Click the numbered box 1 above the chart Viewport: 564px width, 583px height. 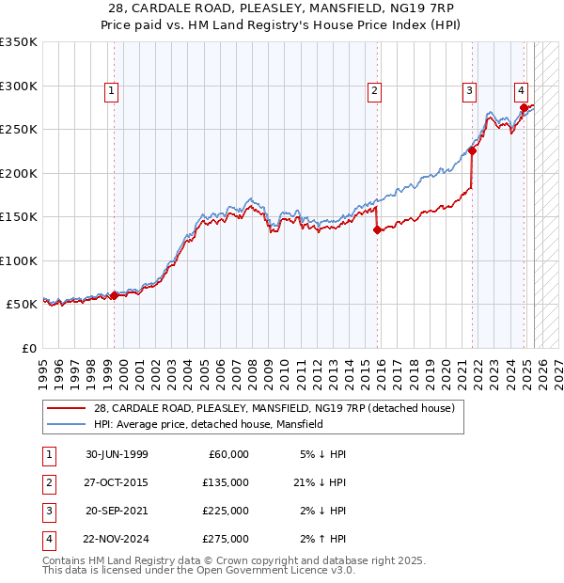pos(111,91)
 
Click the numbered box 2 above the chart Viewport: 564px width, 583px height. pos(374,91)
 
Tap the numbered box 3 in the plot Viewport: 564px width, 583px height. pos(468,91)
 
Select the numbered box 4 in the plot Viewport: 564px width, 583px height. pos(520,91)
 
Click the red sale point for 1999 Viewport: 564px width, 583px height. pos(114,295)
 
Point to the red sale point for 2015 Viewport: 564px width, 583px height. pos(376,229)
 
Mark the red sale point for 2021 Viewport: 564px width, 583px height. pos(472,150)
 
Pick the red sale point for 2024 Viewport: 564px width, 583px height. pos(524,107)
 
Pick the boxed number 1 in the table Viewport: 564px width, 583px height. pos(45,454)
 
